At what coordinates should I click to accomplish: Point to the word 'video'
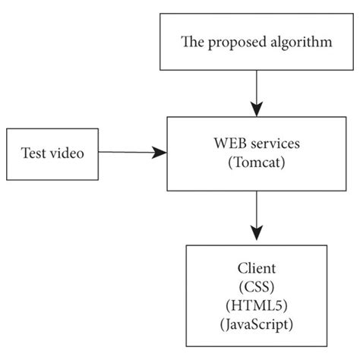(x=75, y=153)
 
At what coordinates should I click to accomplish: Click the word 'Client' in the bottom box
(x=257, y=270)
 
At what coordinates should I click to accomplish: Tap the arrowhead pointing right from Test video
(x=159, y=153)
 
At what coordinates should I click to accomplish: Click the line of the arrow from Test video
(x=125, y=153)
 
